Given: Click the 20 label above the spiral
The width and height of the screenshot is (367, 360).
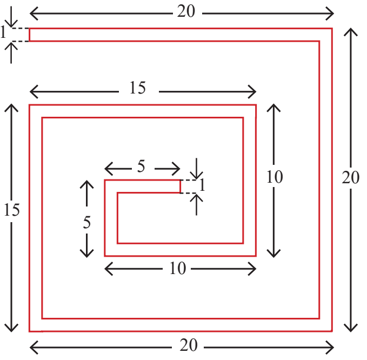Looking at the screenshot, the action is click(186, 11).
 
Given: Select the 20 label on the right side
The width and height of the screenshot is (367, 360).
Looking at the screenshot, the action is click(350, 177).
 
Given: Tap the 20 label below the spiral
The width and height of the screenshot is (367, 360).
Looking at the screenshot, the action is click(189, 345).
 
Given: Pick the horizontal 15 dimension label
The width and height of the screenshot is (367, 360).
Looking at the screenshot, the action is click(138, 88).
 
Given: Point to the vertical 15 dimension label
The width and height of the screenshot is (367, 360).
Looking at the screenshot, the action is click(11, 210).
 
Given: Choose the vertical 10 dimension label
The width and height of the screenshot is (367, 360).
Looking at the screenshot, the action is click(275, 177).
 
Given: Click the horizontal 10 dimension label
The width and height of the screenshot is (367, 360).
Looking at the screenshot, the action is click(178, 268).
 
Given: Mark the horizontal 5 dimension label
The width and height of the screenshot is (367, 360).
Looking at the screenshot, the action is click(141, 166).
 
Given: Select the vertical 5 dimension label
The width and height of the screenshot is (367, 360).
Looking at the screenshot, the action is click(87, 222).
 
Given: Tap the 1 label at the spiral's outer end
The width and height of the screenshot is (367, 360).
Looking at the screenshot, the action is click(3, 32).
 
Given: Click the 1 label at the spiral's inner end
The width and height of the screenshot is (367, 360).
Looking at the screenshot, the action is click(202, 185).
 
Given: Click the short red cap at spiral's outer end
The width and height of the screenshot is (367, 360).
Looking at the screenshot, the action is click(30, 35).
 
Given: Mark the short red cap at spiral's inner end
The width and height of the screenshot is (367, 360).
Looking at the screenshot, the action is click(180, 186).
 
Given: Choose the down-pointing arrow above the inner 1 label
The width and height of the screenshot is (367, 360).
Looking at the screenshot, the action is click(196, 169).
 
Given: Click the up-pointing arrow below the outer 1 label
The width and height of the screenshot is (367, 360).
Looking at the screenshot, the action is click(11, 52).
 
